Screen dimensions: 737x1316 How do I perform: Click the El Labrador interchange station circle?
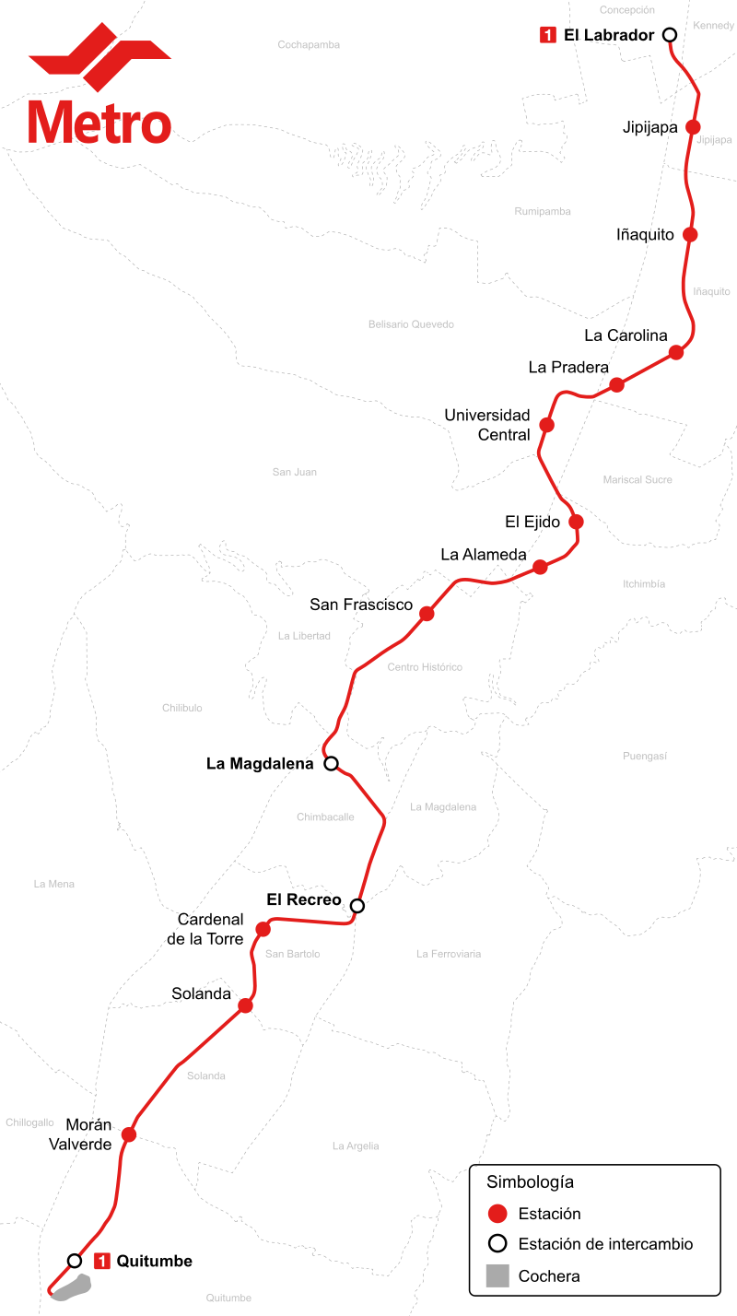(670, 35)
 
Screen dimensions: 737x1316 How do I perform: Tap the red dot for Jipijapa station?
(693, 126)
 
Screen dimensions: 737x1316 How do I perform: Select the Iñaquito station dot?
(690, 234)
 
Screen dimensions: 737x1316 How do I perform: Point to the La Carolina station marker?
(676, 352)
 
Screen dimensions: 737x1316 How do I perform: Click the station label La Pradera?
(567, 367)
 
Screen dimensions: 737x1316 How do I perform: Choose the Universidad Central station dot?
(546, 424)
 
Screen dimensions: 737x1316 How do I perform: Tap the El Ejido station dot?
(576, 521)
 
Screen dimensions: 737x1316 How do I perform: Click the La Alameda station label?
(484, 554)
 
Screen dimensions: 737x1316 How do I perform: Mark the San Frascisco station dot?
(427, 614)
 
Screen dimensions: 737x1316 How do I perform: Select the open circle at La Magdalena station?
(332, 763)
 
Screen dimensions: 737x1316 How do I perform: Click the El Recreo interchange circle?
(357, 905)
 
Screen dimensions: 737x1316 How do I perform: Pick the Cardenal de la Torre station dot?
(263, 929)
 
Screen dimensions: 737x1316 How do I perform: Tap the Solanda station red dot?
(245, 1005)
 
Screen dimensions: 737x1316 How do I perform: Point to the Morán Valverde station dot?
(129, 1134)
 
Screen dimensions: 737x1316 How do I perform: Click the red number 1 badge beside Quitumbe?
(102, 1261)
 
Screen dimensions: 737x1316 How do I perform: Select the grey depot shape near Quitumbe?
(72, 1287)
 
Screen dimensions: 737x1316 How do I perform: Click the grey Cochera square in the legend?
(497, 1275)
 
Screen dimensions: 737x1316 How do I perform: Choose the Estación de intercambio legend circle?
(497, 1243)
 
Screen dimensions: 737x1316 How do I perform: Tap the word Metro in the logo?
(99, 123)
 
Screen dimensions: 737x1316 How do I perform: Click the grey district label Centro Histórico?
(425, 667)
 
